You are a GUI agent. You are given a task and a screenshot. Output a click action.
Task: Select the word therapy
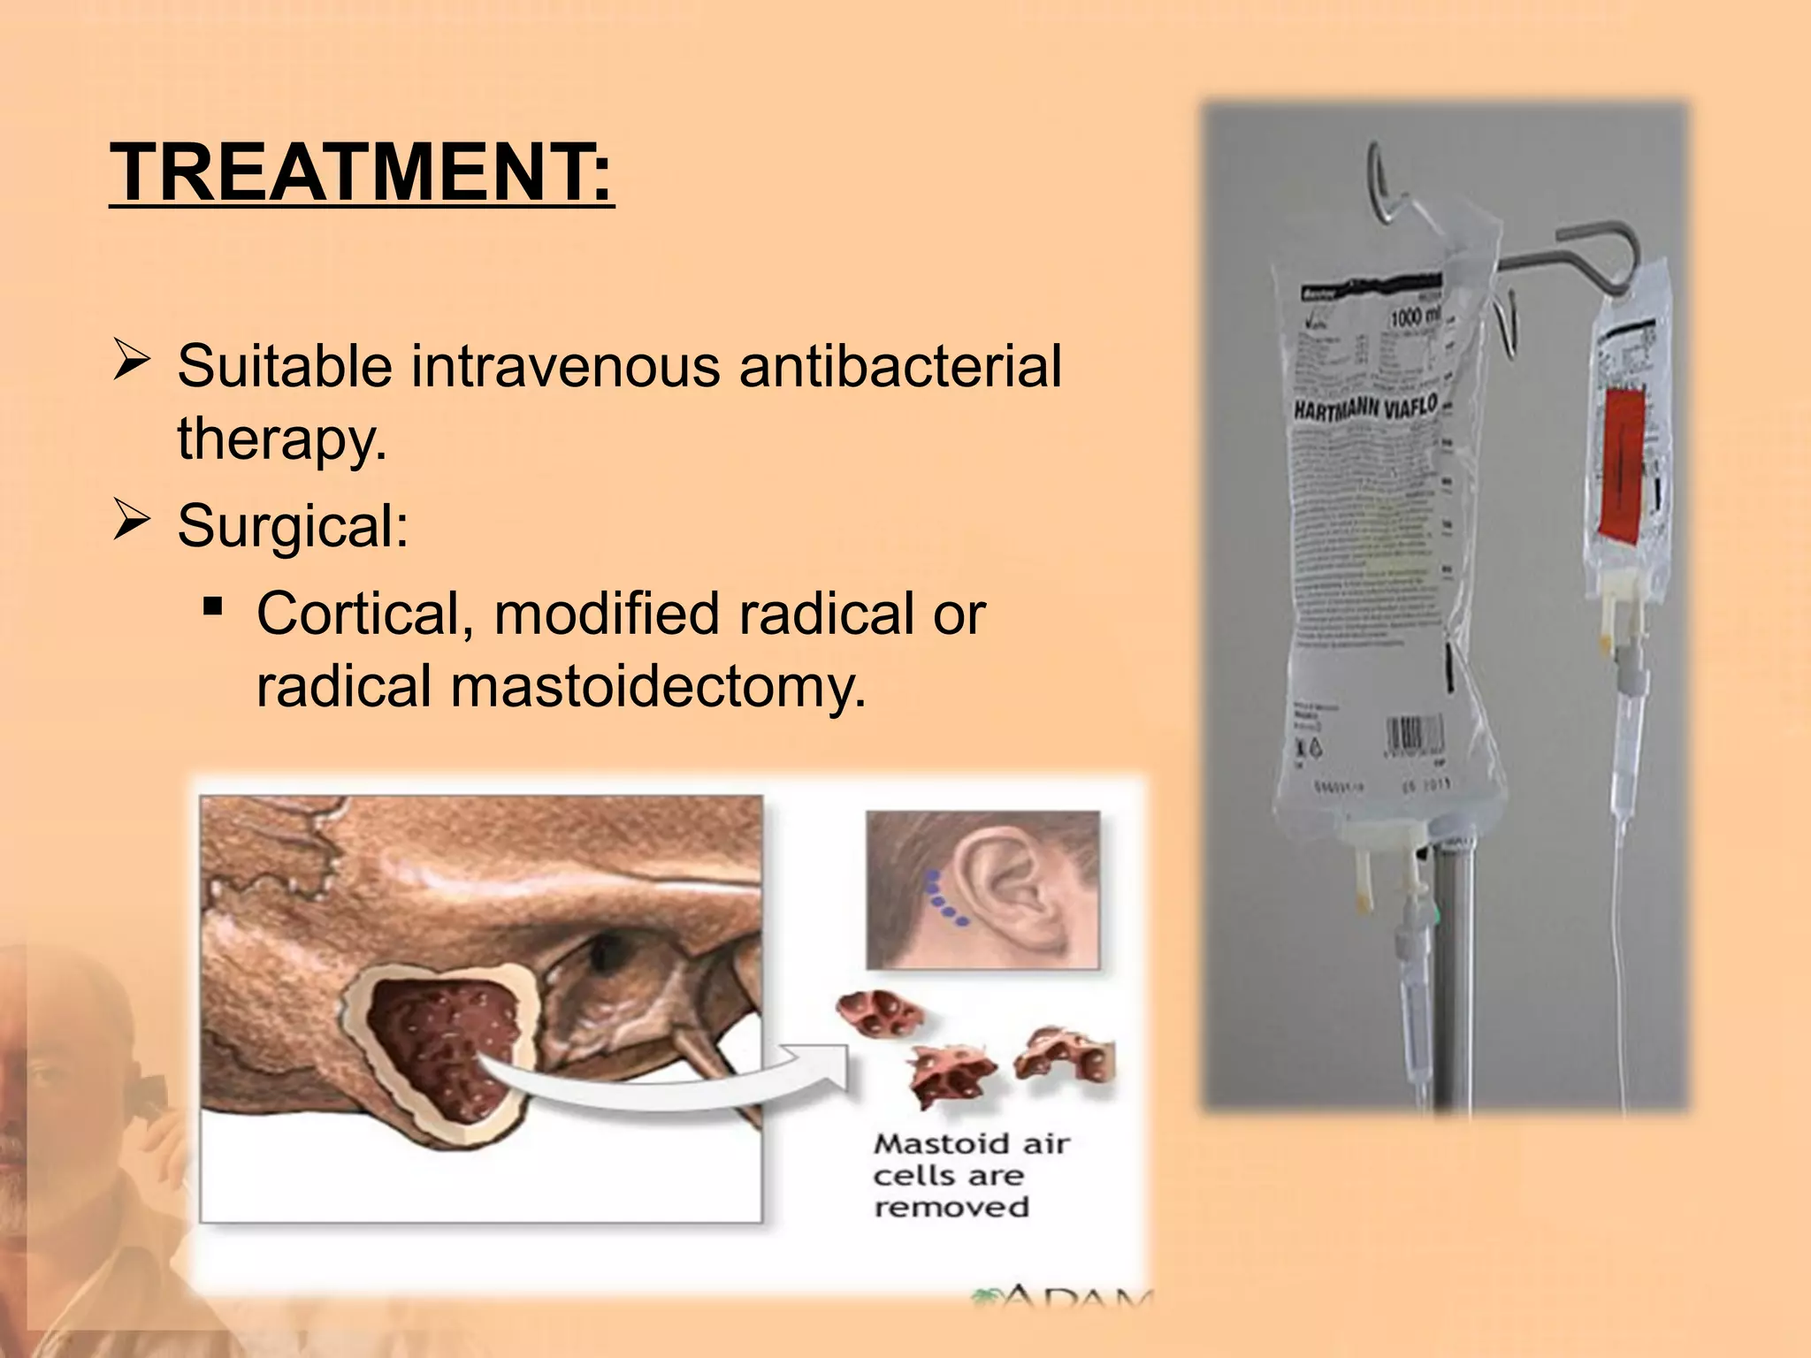(281, 439)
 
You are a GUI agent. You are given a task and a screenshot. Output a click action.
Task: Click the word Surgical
(292, 525)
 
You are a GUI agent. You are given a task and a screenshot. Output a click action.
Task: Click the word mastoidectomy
(658, 686)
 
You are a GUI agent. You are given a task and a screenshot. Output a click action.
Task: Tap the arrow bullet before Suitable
(131, 362)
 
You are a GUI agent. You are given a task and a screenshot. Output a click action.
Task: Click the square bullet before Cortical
(212, 607)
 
